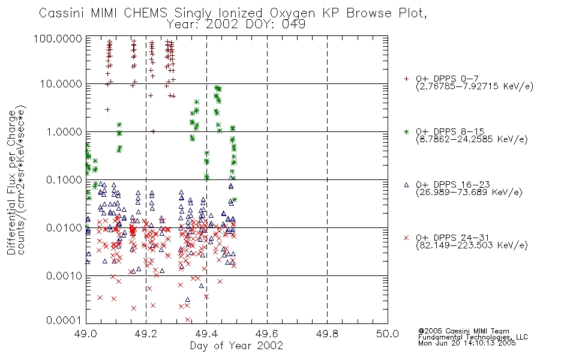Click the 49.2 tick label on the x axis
[146, 334]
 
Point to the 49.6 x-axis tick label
[267, 334]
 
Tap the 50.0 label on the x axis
[388, 334]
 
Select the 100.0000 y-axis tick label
[58, 39]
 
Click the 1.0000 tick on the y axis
[64, 131]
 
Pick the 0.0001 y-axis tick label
[64, 320]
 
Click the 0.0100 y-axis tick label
[64, 228]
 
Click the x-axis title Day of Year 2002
[236, 346]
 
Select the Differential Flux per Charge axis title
[11, 182]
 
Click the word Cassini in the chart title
[61, 13]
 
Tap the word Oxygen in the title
[292, 14]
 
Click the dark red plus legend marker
[406, 79]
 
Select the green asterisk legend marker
[406, 131]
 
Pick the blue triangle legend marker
[406, 185]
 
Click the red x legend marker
[406, 238]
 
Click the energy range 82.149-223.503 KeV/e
[472, 245]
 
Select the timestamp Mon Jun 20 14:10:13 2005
[467, 343]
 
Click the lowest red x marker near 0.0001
[188, 320]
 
